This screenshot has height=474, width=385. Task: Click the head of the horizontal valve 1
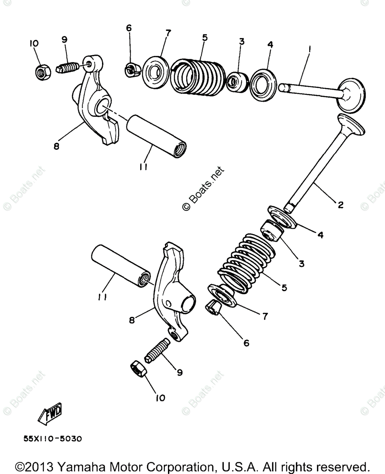[x=351, y=94]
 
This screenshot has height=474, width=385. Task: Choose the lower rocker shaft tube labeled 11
[x=121, y=266]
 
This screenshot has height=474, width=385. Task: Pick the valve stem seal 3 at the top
[x=236, y=81]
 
